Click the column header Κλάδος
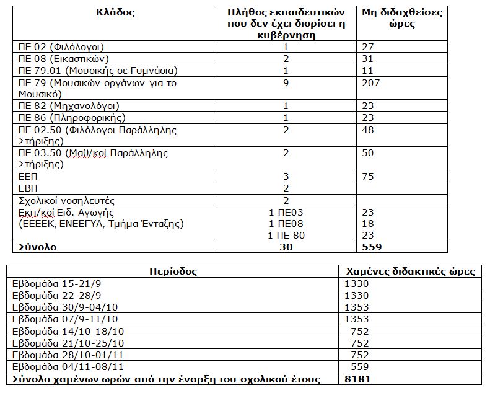(115, 12)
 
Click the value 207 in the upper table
(372, 82)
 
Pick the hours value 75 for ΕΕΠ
(369, 177)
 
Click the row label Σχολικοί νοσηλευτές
(66, 201)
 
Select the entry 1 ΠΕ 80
(286, 235)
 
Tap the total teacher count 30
(286, 247)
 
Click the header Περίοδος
(173, 272)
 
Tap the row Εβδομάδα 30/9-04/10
(62, 307)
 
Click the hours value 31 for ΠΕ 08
(367, 58)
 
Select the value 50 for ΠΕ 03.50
(369, 153)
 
